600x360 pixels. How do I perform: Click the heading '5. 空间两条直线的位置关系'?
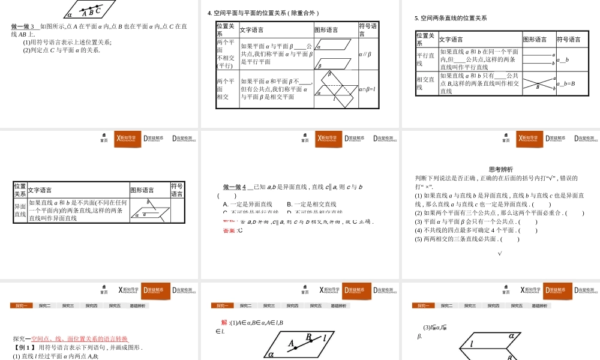pyautogui.click(x=451, y=18)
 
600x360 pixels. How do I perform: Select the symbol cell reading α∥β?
pyautogui.click(x=365, y=55)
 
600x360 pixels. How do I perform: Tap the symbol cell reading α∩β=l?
pyautogui.click(x=367, y=89)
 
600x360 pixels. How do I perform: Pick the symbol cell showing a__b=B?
pyautogui.click(x=566, y=83)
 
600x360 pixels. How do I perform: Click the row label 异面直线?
pyautogui.click(x=20, y=211)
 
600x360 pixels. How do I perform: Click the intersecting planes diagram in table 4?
pyautogui.click(x=335, y=89)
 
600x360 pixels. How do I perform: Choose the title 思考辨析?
pyautogui.click(x=501, y=169)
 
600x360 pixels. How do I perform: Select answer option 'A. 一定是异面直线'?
pyautogui.click(x=247, y=205)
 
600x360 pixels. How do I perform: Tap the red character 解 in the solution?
pyautogui.click(x=224, y=322)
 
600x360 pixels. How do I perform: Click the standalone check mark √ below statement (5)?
pyautogui.click(x=500, y=253)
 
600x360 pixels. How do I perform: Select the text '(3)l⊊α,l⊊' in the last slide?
pyautogui.click(x=434, y=327)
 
